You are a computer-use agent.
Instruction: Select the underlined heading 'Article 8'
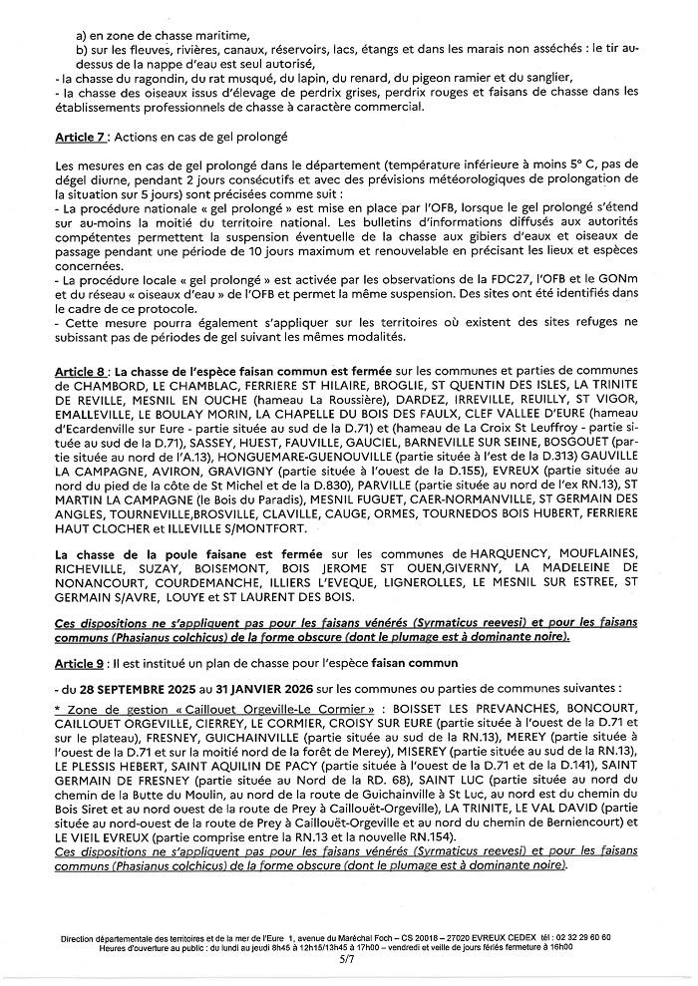click(83, 370)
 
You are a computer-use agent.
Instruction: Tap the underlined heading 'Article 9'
click(83, 664)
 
